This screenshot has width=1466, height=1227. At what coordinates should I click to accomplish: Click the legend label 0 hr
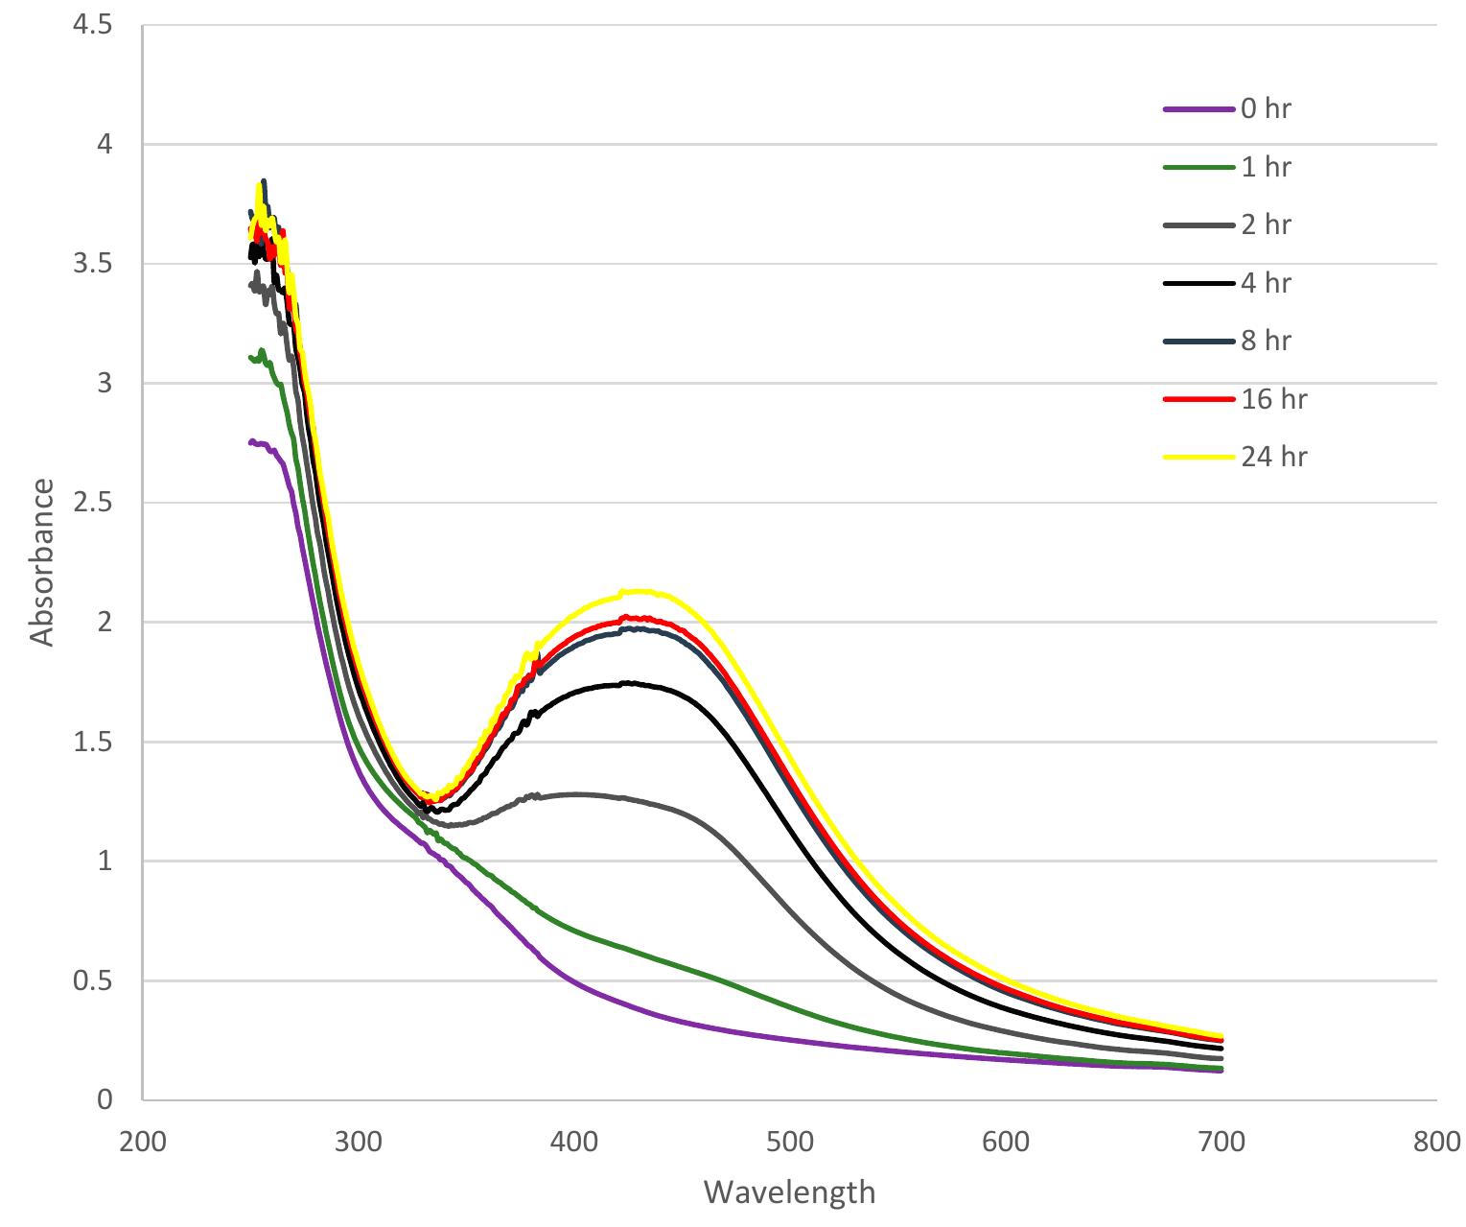click(x=1266, y=109)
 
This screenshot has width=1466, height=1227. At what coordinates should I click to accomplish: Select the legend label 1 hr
click(x=1266, y=167)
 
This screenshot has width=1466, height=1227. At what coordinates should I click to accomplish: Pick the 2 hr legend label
click(x=1266, y=224)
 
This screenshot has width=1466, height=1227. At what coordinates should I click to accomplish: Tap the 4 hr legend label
click(x=1266, y=283)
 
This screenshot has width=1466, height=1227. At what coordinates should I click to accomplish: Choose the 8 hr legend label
click(x=1266, y=341)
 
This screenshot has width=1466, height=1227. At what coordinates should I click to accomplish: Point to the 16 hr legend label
click(x=1273, y=399)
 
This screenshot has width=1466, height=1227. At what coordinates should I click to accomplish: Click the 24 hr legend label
click(x=1273, y=457)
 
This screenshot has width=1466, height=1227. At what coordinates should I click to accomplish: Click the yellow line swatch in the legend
click(x=1198, y=458)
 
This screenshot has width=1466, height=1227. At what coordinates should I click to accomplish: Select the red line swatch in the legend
click(x=1198, y=399)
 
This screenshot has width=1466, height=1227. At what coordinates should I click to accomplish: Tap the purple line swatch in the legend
click(x=1198, y=109)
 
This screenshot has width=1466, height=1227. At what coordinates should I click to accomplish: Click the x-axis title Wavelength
click(x=789, y=1192)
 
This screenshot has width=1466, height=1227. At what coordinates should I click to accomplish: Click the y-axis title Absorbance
click(x=41, y=562)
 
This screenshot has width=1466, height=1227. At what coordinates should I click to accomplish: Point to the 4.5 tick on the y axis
click(x=94, y=26)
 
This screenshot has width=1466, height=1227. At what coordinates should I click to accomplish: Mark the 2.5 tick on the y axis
click(x=94, y=503)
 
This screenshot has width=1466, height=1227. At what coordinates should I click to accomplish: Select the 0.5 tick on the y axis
click(x=94, y=980)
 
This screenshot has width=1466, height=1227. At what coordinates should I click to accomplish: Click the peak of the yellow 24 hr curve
click(x=638, y=591)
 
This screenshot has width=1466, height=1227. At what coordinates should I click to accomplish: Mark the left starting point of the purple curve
click(x=250, y=442)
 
